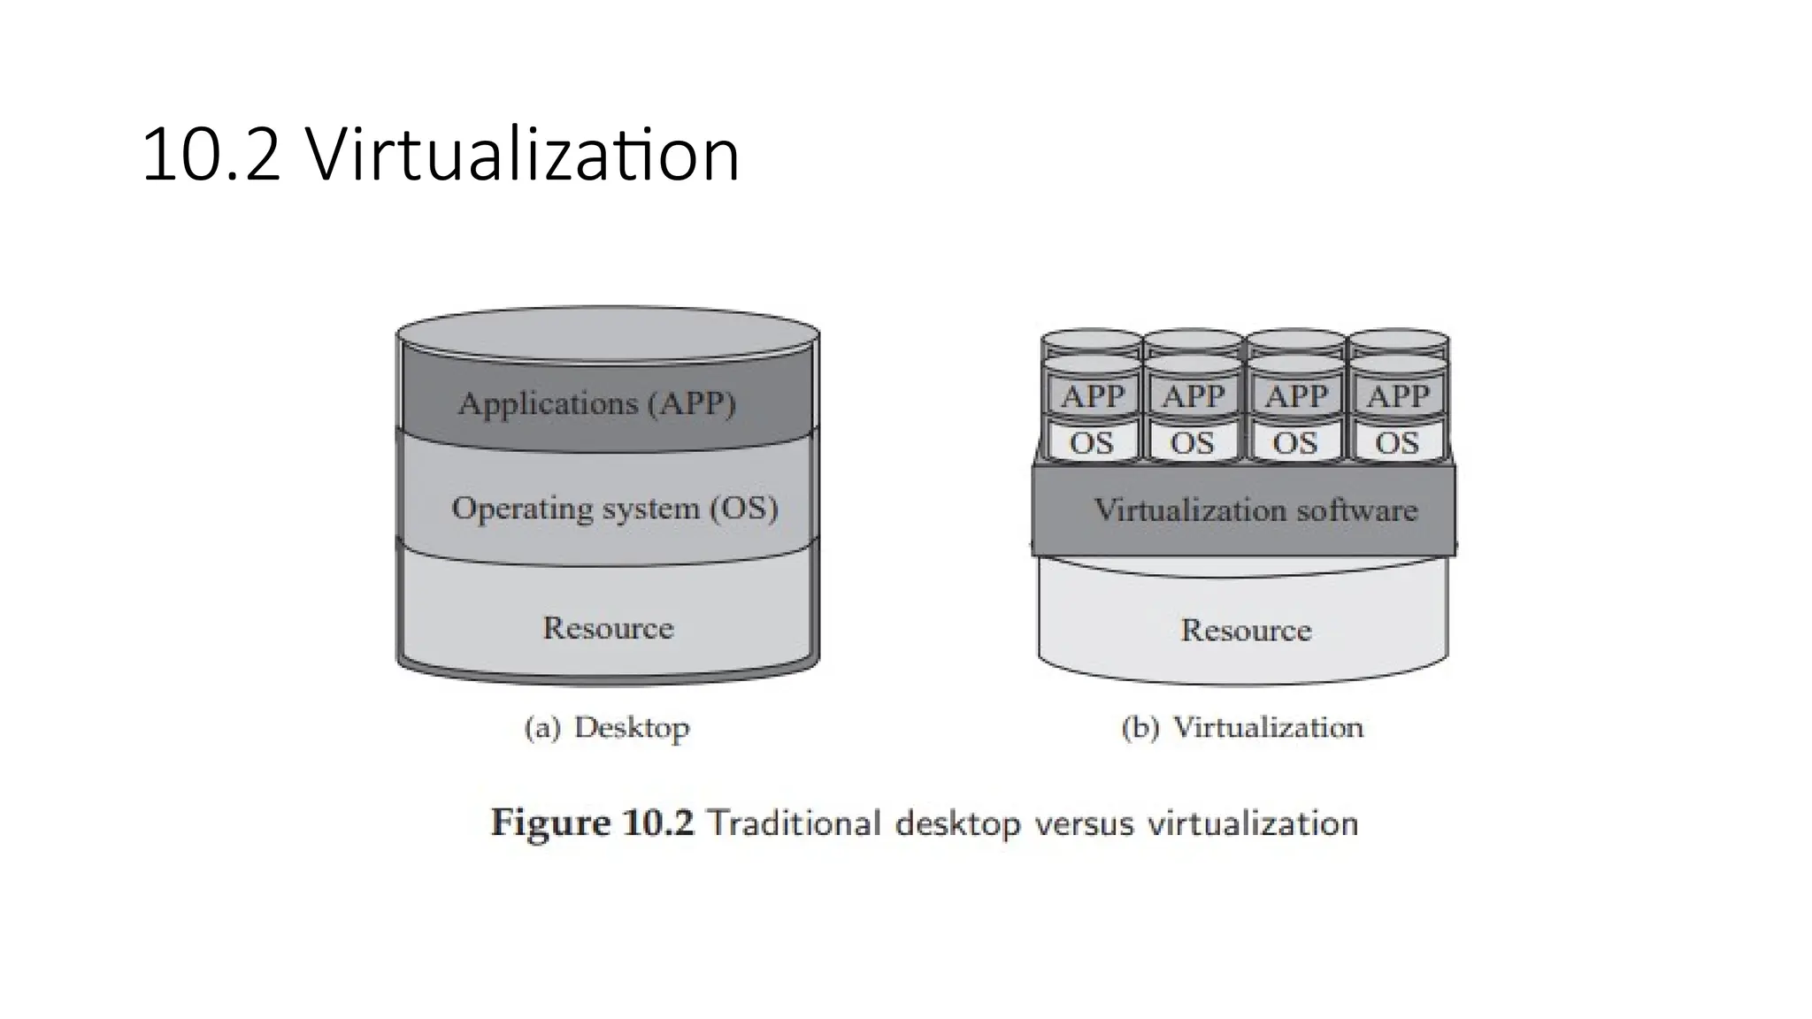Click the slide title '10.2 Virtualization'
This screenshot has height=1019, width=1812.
pyautogui.click(x=440, y=156)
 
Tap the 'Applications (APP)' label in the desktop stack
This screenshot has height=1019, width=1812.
pyautogui.click(x=596, y=404)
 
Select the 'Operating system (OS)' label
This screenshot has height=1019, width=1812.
pyautogui.click(x=614, y=509)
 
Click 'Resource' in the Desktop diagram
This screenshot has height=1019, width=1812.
pyautogui.click(x=608, y=628)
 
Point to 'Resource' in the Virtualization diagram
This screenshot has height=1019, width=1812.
pyautogui.click(x=1246, y=630)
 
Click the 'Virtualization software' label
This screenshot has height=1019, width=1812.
pyautogui.click(x=1255, y=510)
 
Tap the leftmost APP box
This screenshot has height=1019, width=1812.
pyautogui.click(x=1093, y=396)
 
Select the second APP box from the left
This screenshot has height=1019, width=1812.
pyautogui.click(x=1194, y=396)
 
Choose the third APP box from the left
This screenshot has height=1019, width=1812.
pyautogui.click(x=1295, y=396)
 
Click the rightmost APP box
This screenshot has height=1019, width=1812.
pyautogui.click(x=1397, y=396)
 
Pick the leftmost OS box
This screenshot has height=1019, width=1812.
pyautogui.click(x=1092, y=442)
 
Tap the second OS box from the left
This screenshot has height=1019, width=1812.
pyautogui.click(x=1193, y=442)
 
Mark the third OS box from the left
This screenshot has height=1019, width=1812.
pyautogui.click(x=1294, y=442)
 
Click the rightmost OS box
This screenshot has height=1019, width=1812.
pyautogui.click(x=1396, y=442)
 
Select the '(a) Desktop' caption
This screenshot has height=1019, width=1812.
pyautogui.click(x=607, y=728)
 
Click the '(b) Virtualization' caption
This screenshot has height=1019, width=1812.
pyautogui.click(x=1242, y=728)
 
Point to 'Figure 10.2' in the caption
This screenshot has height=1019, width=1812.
pyautogui.click(x=592, y=824)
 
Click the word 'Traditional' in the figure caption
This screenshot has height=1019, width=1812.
pyautogui.click(x=795, y=824)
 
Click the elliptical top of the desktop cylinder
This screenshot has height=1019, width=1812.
pyautogui.click(x=608, y=334)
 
